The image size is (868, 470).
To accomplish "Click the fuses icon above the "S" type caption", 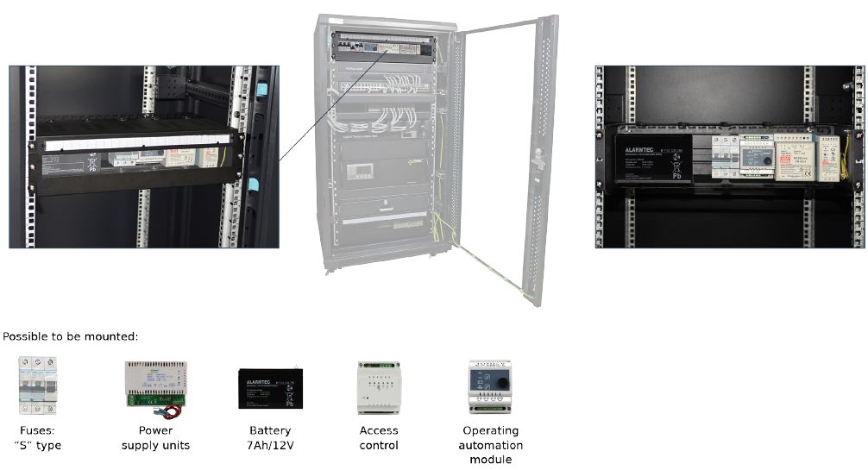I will coord(37,385).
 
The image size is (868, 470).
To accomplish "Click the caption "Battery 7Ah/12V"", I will coord(270,437).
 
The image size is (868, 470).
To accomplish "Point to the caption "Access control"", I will coord(379,437).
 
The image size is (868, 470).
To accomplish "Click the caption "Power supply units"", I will coord(156,437).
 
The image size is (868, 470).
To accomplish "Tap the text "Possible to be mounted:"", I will coord(71,336).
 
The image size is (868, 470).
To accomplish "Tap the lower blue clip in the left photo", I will coord(254,184).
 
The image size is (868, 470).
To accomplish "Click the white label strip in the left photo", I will coord(136,143).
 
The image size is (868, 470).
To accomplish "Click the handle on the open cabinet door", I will coord(537,160).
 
